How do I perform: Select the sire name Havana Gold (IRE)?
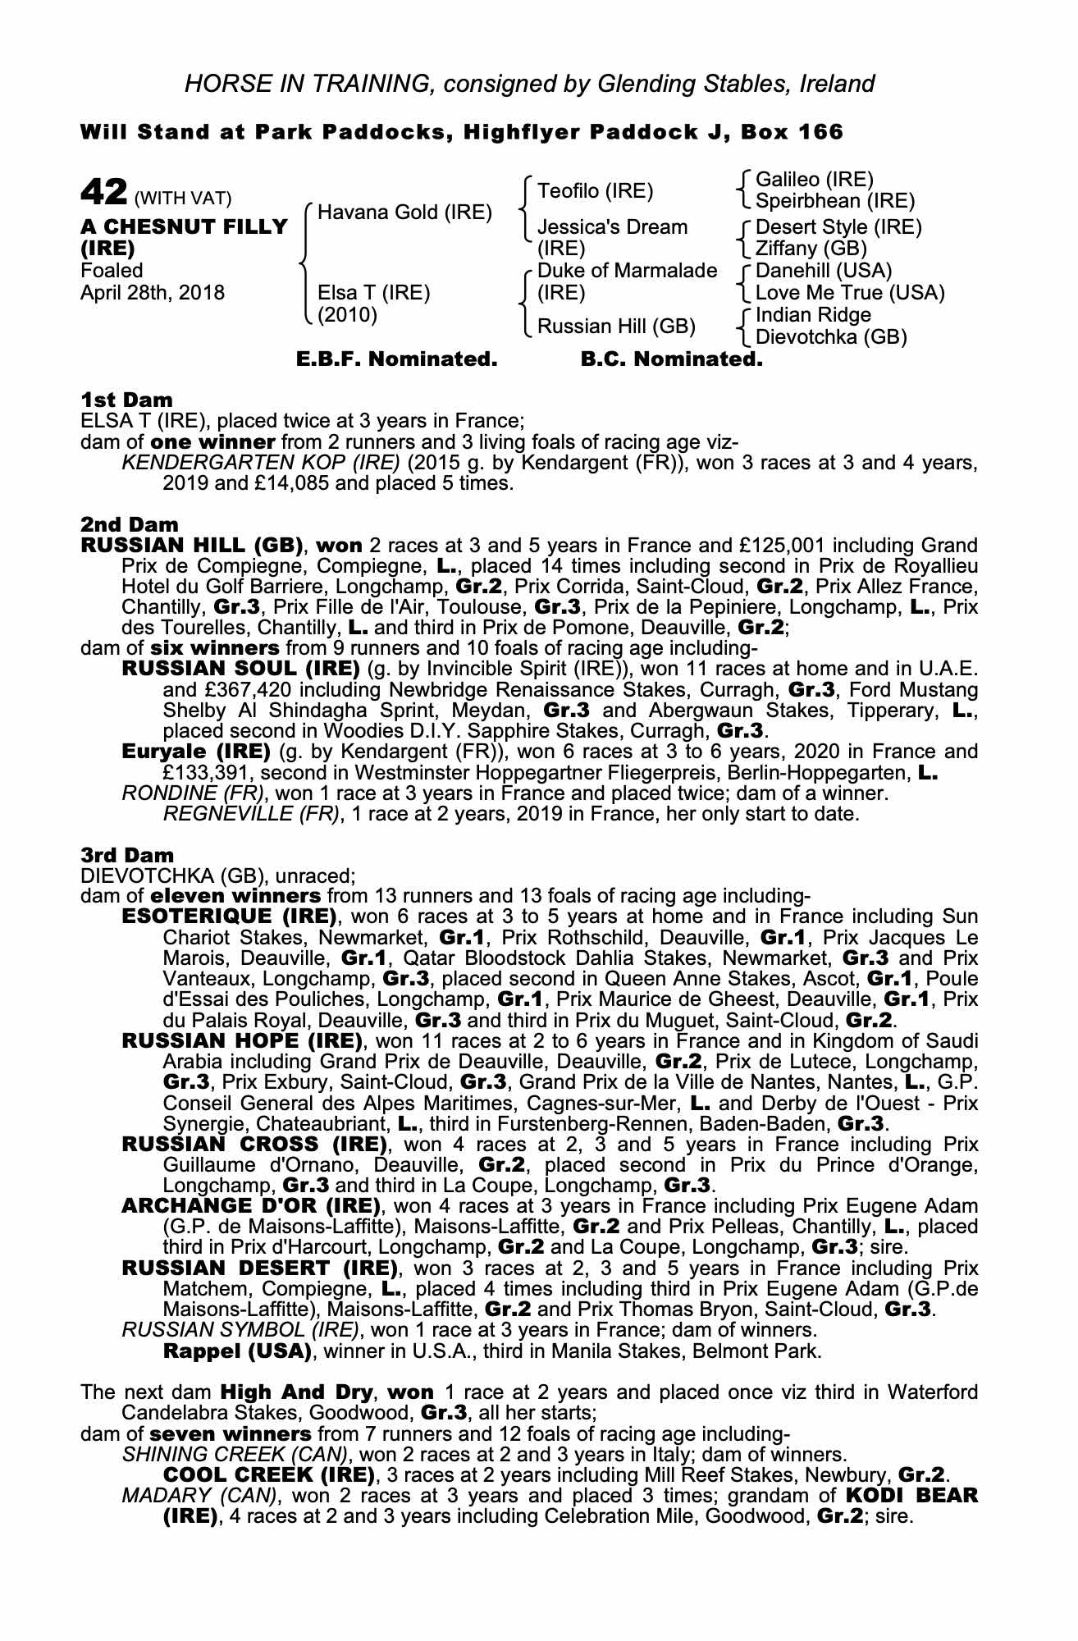404,213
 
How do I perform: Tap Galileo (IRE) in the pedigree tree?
814,180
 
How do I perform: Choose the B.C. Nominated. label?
671,359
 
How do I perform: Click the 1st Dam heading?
126,400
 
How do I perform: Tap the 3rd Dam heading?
127,855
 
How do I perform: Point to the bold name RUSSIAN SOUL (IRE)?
240,669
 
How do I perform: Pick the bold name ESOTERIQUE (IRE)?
229,916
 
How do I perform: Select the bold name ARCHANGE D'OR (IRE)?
251,1206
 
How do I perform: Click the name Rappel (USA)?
237,1351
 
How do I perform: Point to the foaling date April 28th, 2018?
152,293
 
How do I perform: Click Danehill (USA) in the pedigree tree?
823,271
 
